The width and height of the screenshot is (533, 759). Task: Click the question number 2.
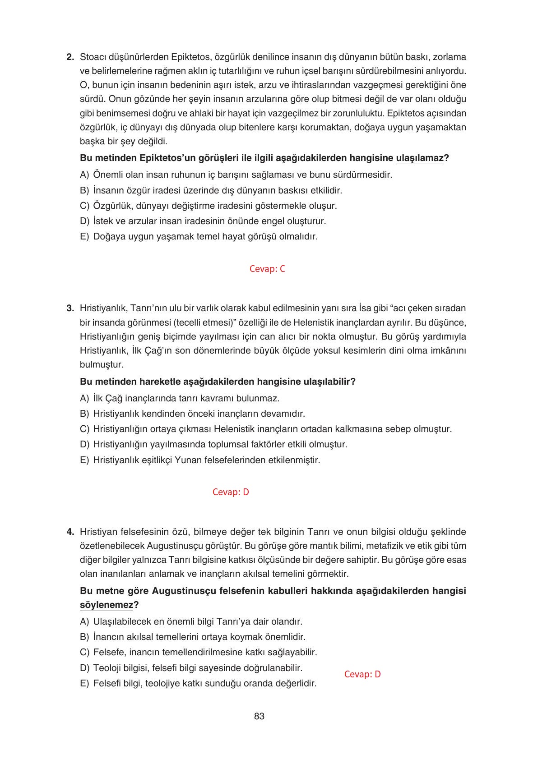click(x=70, y=57)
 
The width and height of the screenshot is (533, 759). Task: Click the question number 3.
click(x=70, y=308)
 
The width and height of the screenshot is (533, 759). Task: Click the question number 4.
click(x=70, y=532)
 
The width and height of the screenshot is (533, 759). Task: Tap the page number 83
click(x=259, y=716)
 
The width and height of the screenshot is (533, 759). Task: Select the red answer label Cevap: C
click(x=267, y=269)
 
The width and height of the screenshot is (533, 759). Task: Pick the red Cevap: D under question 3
click(x=231, y=492)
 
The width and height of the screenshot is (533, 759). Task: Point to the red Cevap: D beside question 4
click(x=362, y=674)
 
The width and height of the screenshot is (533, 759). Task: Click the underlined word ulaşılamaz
click(x=419, y=158)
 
